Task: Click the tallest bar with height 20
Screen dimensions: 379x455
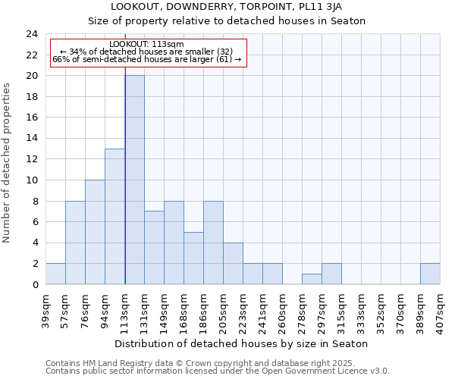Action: tap(134, 180)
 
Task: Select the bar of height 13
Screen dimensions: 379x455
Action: tap(115, 216)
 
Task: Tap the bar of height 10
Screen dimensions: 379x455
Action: tap(95, 232)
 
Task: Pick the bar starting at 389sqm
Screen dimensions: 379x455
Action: tap(430, 274)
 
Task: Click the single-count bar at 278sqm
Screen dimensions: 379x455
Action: tap(312, 279)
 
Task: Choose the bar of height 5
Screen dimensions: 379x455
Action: tap(193, 258)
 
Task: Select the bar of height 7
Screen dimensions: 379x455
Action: tap(154, 247)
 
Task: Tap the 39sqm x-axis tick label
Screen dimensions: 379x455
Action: tap(46, 306)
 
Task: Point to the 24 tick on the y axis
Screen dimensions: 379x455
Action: tap(32, 34)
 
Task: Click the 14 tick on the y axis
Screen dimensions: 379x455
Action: tap(32, 139)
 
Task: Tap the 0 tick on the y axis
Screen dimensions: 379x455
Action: tap(35, 284)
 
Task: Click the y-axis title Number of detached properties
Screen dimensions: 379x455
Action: tap(8, 164)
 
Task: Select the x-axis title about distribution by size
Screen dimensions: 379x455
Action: tap(243, 343)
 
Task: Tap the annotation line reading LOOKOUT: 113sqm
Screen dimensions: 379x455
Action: tap(146, 44)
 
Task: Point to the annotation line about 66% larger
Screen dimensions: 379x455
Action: tap(146, 59)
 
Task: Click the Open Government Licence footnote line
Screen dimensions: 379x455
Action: tap(218, 371)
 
